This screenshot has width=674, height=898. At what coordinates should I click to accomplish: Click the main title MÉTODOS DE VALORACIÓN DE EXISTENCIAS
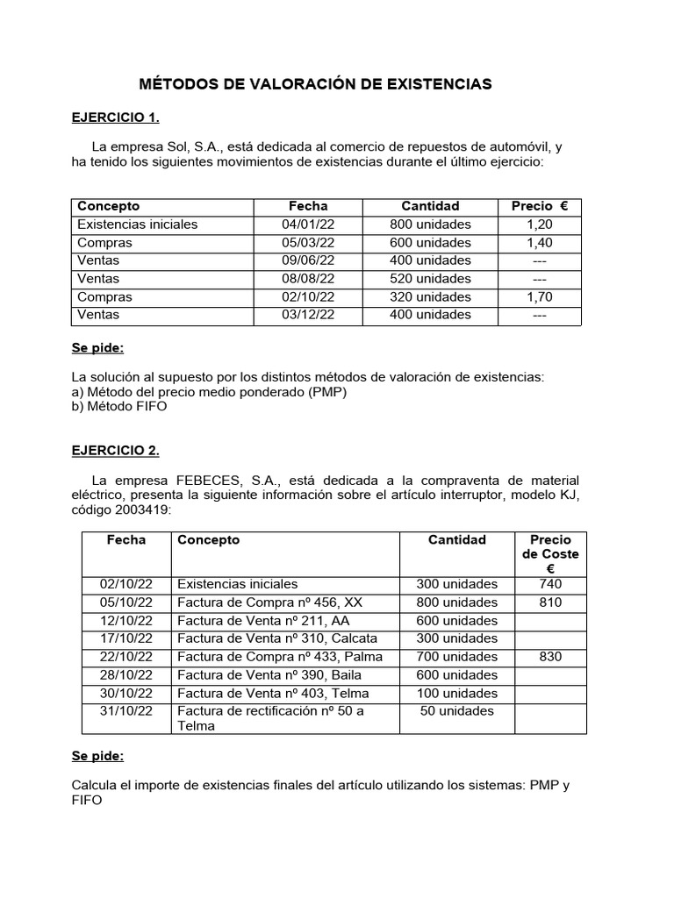[x=316, y=84]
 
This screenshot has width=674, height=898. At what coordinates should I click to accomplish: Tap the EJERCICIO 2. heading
[x=115, y=451]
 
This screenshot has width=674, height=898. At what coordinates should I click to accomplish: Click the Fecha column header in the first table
[x=308, y=206]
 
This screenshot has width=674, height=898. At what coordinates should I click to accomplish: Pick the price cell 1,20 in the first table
[x=540, y=224]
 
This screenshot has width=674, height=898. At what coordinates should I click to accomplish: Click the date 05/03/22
[x=308, y=243]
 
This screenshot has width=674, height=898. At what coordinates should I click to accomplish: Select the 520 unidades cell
[x=430, y=279]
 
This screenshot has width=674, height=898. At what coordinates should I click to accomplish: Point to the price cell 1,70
[x=540, y=297]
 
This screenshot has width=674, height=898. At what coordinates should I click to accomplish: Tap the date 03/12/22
[x=308, y=315]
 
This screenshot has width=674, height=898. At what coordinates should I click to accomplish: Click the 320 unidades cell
[x=430, y=297]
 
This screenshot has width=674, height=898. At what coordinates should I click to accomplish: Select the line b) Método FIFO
[x=118, y=406]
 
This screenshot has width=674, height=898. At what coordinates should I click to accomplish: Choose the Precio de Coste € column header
[x=550, y=554]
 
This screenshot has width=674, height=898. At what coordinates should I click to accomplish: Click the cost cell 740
[x=550, y=584]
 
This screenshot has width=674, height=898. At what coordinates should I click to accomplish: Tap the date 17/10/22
[x=126, y=638]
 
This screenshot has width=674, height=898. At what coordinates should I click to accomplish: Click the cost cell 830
[x=550, y=657]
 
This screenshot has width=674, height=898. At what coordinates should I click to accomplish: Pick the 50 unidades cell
[x=456, y=711]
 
